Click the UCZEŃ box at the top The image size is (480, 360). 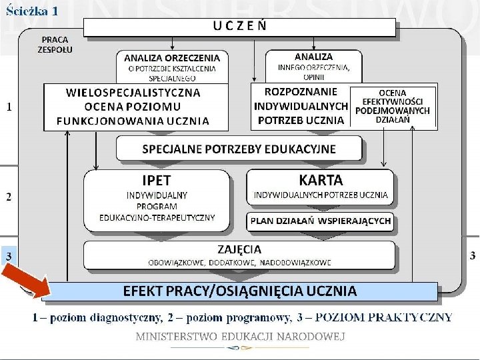[240, 27]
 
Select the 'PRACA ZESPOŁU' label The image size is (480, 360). [55, 45]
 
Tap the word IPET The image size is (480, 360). [157, 181]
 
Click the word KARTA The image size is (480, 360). [321, 180]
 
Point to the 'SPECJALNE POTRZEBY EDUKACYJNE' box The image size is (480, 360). [239, 149]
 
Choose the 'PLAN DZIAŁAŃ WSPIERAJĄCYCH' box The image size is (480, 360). [321, 221]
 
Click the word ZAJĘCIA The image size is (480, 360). [239, 249]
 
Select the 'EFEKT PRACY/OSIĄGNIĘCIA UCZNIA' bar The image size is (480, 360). [239, 291]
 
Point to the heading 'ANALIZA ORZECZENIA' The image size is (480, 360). [172, 57]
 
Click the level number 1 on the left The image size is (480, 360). [9, 106]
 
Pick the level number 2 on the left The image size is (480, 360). [9, 197]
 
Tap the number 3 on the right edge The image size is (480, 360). [473, 255]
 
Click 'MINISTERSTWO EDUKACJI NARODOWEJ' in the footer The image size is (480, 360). [240, 337]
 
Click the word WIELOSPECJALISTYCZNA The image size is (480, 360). [133, 92]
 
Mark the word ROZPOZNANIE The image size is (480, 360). [291, 91]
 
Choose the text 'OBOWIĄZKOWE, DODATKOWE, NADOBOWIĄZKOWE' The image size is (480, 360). [239, 262]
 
